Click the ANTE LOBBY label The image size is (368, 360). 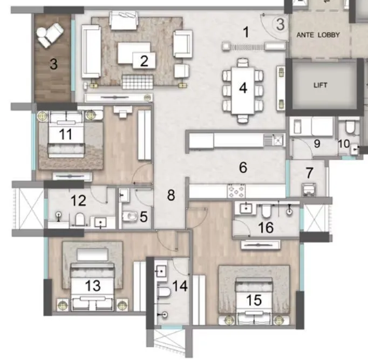pos(318,35)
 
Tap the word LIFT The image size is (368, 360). pos(321,85)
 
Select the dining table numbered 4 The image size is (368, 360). pos(243,91)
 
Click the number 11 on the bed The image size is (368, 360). pos(65,134)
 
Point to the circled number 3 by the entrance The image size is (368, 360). pos(280,24)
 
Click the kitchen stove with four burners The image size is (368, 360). pos(236,191)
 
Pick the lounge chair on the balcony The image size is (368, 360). pos(50,35)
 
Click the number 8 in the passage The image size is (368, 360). pos(171,195)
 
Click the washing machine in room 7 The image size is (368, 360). pos(309,189)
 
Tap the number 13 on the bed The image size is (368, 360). pos(93,286)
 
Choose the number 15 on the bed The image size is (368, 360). pos(254,300)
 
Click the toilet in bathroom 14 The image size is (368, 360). pos(164,292)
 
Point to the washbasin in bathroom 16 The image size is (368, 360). pos(246,208)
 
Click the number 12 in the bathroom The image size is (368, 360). pos(78,201)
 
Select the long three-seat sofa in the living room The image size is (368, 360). pos(91,51)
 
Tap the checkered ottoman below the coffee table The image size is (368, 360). pos(138,82)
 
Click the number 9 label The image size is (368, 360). pos(317,144)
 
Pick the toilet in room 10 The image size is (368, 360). pos(350,127)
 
